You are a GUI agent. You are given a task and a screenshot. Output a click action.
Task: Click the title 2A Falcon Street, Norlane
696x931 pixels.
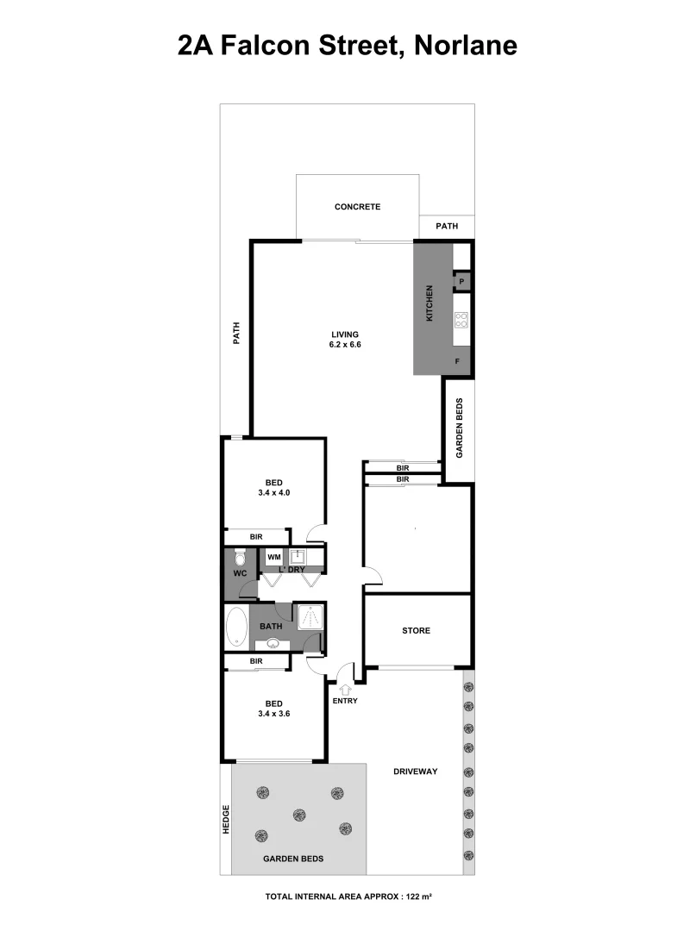[348, 44]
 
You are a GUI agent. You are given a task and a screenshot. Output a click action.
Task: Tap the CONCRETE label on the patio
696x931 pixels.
[357, 207]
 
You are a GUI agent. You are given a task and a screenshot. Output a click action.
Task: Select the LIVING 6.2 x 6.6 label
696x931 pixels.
[343, 340]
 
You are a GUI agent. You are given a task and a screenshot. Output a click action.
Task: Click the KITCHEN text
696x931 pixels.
[429, 304]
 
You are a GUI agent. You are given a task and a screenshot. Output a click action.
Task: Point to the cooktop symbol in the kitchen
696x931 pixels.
[461, 321]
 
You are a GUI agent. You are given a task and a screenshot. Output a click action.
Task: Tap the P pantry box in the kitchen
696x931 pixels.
[461, 282]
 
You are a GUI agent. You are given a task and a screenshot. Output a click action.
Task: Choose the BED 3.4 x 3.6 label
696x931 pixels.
[273, 708]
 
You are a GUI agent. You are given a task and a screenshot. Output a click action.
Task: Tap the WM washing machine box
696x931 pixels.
[273, 557]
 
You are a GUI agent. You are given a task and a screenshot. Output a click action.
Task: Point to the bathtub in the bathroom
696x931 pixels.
[236, 627]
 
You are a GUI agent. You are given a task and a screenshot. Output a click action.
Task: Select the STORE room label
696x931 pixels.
[416, 631]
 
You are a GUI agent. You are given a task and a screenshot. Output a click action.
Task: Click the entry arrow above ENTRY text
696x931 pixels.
[346, 689]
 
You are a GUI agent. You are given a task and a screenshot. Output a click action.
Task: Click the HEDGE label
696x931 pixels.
[226, 819]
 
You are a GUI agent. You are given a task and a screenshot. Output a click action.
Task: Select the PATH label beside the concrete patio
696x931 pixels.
[447, 228]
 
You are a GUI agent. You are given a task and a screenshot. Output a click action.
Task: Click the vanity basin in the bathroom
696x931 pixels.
[273, 643]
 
